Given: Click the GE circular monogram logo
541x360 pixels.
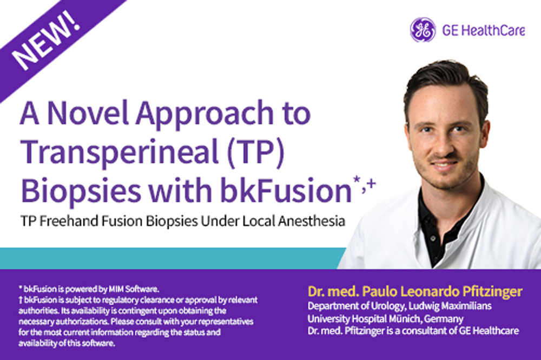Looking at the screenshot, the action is [423, 30].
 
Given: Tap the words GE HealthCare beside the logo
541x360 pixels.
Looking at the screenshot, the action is [484, 31].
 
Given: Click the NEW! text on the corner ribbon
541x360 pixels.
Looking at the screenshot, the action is [47, 42].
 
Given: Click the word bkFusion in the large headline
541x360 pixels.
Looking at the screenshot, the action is [286, 190].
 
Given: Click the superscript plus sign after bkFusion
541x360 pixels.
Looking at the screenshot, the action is [371, 183].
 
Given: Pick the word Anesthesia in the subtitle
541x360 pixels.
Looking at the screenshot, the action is [312, 221].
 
